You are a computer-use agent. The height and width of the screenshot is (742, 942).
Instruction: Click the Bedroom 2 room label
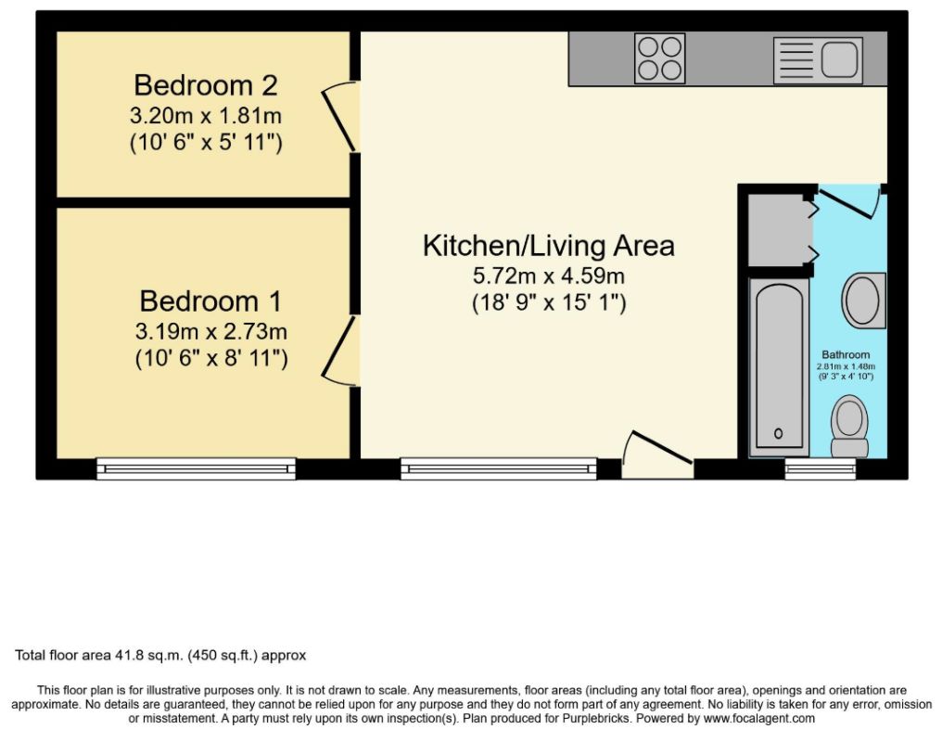[206, 85]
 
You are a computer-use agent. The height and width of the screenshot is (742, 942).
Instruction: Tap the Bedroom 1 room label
[210, 301]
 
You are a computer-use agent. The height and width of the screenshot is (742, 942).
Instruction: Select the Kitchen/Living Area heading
[549, 246]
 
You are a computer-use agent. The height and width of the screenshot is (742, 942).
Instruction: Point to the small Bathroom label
[846, 354]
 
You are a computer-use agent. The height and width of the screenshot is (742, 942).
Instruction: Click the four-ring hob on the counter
[659, 58]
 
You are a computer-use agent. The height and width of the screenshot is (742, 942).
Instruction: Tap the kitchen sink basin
[839, 58]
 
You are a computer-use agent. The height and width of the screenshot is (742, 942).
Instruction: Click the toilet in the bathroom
[849, 427]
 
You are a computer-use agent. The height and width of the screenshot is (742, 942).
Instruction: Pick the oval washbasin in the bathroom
[864, 301]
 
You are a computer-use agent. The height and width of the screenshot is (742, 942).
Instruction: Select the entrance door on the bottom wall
[657, 454]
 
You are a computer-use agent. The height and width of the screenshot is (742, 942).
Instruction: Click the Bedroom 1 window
[196, 468]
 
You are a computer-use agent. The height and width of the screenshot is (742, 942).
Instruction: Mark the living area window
[499, 468]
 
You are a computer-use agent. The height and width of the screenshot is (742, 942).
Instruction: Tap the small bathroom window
[820, 468]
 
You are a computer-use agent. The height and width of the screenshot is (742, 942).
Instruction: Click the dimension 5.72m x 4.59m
[549, 275]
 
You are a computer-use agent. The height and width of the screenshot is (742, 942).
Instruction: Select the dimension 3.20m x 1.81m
[206, 115]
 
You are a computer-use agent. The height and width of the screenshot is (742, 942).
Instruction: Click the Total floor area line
[160, 655]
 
